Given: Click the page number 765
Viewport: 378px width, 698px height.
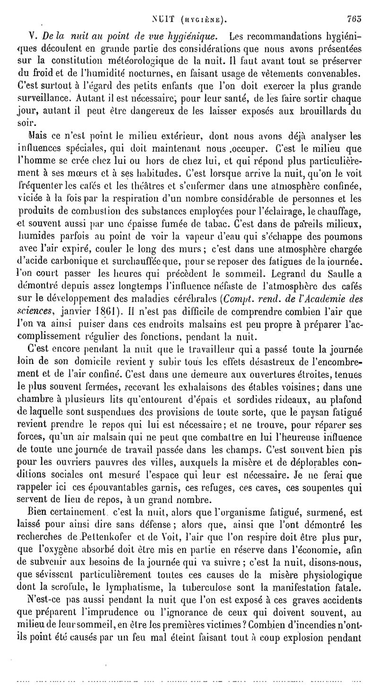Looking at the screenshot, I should click(353, 19).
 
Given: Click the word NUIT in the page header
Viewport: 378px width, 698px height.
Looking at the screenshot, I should click(163, 20).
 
